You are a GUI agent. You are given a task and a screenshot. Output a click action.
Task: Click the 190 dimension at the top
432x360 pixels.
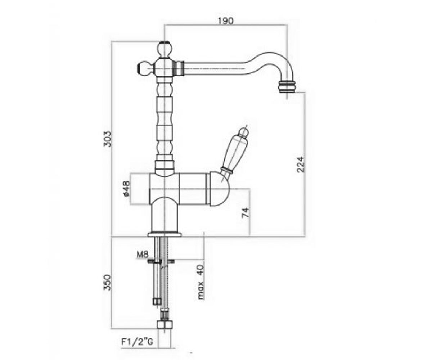click(225, 21)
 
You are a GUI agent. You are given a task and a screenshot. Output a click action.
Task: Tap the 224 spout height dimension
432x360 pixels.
click(301, 165)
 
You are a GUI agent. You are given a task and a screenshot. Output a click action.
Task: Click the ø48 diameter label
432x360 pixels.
click(126, 189)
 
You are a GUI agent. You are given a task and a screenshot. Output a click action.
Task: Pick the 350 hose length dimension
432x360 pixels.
click(107, 283)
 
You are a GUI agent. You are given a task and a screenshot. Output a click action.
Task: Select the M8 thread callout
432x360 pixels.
click(143, 255)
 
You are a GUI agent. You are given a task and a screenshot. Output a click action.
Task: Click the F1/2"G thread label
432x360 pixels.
click(137, 342)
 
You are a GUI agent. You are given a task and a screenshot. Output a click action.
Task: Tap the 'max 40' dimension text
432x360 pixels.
click(201, 282)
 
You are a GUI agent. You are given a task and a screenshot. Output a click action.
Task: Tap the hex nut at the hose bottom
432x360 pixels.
click(165, 325)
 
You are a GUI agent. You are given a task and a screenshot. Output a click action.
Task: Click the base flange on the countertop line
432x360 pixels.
click(165, 234)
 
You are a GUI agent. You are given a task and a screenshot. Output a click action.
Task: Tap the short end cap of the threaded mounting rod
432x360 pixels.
click(157, 302)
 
